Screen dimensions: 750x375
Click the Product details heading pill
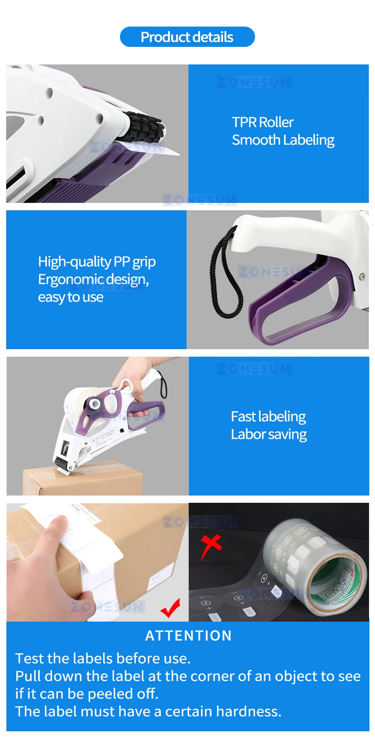(x=187, y=37)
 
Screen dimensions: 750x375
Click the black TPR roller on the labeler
(x=143, y=126)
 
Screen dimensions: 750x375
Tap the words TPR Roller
(x=263, y=122)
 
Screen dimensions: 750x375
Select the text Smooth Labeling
(x=283, y=140)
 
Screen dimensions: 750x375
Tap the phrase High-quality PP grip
(x=97, y=262)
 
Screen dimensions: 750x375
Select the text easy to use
(x=71, y=297)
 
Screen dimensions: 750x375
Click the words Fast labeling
(x=268, y=417)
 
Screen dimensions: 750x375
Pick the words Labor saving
(x=269, y=434)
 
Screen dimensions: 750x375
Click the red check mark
(x=171, y=608)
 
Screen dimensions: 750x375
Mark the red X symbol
(x=211, y=545)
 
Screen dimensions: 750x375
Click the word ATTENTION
(x=188, y=636)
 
